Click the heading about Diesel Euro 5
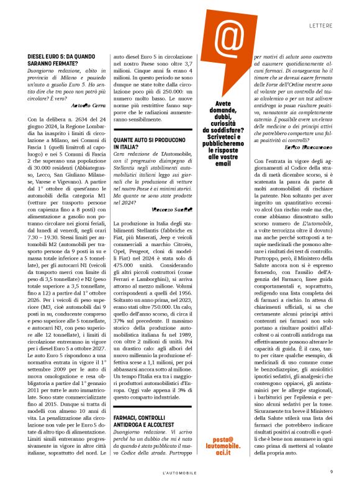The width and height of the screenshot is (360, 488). pos(61,60)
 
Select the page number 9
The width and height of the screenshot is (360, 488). pos(332,471)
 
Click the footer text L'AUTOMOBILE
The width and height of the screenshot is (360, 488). pos(180,472)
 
